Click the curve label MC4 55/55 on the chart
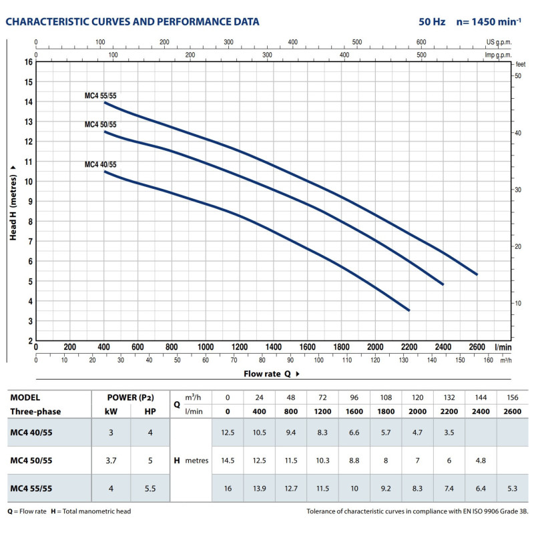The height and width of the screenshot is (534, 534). (100, 96)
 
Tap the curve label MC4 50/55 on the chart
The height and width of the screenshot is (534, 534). (100, 125)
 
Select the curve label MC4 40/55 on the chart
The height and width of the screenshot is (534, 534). (100, 164)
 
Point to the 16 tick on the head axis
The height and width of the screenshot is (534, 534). (28, 61)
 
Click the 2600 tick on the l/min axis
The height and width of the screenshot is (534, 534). (477, 347)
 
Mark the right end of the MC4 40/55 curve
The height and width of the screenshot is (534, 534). (409, 310)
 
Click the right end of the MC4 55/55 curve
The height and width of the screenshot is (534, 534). (477, 274)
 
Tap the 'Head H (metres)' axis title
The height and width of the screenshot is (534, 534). (13, 201)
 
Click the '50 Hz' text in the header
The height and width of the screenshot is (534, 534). (432, 22)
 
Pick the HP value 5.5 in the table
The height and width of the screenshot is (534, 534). (150, 488)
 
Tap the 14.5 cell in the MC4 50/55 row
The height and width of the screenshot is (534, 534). (227, 461)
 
